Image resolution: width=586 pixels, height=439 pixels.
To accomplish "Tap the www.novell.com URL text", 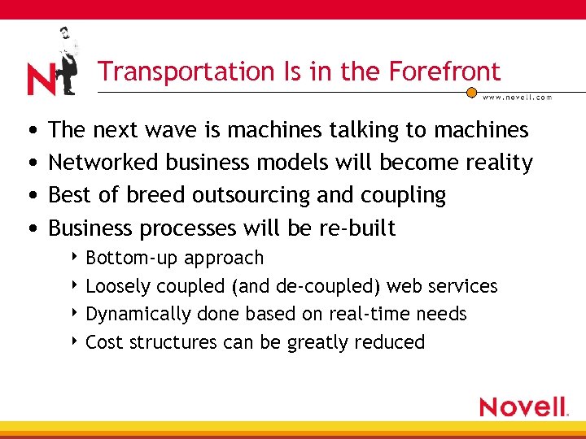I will pyautogui.click(x=517, y=98).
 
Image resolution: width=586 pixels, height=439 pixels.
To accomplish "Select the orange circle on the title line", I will pyautogui.click(x=471, y=93).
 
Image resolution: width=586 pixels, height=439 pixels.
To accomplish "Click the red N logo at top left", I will pyautogui.click(x=41, y=80).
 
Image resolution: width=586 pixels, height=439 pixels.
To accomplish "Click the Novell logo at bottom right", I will pyautogui.click(x=523, y=406).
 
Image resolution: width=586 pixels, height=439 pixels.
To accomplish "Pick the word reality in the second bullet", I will pyautogui.click(x=499, y=163).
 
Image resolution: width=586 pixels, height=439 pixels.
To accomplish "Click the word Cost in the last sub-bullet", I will pyautogui.click(x=103, y=342).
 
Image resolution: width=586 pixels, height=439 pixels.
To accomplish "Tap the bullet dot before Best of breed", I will pyautogui.click(x=30, y=196).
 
